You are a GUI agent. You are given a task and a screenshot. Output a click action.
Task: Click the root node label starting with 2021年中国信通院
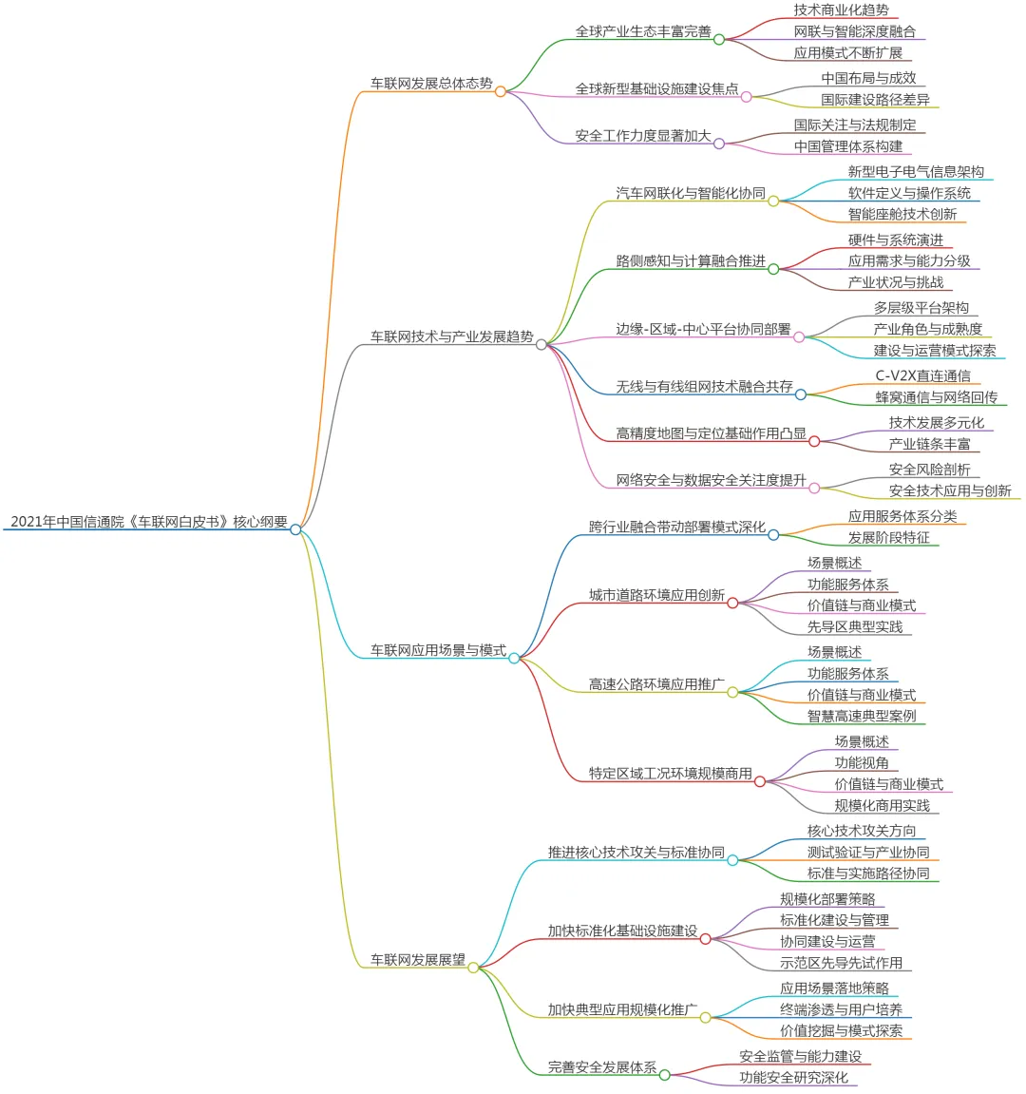pos(149,521)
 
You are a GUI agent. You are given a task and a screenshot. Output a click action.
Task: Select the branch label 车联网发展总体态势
pos(431,84)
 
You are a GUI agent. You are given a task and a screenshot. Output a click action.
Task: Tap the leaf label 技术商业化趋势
pos(841,10)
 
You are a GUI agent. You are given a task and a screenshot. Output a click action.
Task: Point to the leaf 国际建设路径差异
pos(875,99)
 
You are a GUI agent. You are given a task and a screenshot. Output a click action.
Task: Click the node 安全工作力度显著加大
pos(642,136)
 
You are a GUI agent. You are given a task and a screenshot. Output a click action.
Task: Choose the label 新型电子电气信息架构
pos(916,172)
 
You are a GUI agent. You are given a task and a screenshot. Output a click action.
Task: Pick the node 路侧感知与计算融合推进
pos(690,261)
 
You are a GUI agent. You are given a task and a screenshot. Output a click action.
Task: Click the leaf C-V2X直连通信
pos(922,376)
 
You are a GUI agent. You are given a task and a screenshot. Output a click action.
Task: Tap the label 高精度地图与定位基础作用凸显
pos(711,433)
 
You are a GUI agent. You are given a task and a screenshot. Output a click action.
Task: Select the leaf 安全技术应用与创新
pos(950,490)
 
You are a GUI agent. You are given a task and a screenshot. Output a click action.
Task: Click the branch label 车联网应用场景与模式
pos(438,650)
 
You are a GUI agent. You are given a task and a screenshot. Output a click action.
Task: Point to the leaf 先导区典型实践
pos(855,626)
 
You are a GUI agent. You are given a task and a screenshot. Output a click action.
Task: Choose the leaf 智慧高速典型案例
pos(862,716)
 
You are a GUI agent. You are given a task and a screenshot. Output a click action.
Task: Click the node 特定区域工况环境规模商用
pos(670,774)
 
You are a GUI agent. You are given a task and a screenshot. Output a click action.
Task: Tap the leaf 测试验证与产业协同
pos(868,852)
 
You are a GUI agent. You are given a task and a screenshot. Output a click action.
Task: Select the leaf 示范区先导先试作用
pos(841,962)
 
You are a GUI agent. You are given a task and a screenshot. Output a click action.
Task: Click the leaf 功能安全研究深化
pos(793,1077)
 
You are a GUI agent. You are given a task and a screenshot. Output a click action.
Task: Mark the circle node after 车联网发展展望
pos(473,968)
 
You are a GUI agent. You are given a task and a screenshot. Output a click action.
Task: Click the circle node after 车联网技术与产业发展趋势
pos(541,344)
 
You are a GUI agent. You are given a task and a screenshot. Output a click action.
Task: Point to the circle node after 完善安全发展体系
pos(664,1075)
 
